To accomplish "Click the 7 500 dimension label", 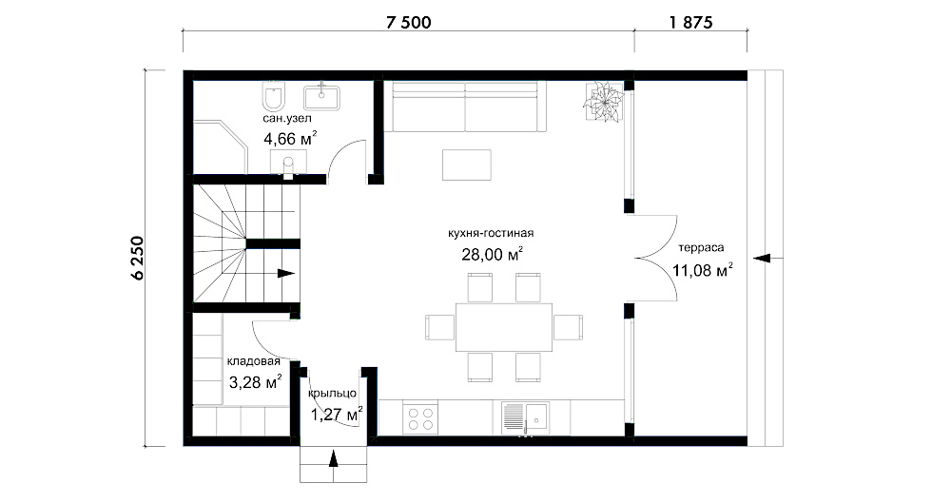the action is (x=409, y=23).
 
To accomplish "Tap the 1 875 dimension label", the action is (x=690, y=23).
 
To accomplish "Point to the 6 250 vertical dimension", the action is (x=138, y=258).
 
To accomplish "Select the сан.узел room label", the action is (x=287, y=118).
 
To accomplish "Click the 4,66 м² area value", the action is (x=290, y=139).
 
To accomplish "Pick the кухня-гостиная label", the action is (x=491, y=233).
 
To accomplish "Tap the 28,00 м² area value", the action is (x=492, y=254).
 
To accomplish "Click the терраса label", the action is (x=701, y=247).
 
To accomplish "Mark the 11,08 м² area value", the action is (x=703, y=269).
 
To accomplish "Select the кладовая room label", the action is (x=254, y=361).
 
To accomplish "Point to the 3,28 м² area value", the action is (x=255, y=382).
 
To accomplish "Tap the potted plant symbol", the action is (x=604, y=101).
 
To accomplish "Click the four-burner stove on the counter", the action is (x=421, y=417).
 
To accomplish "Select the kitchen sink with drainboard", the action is (x=525, y=418).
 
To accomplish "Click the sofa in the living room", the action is (x=466, y=106).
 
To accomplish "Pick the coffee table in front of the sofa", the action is (x=466, y=165).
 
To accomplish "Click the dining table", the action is (x=504, y=327).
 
